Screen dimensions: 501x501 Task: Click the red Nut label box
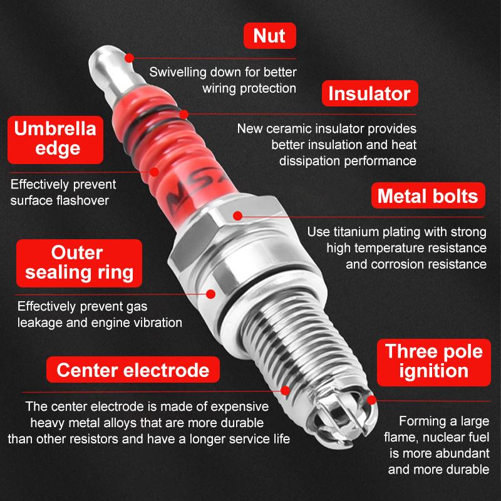[270, 36]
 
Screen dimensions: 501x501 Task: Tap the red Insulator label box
[369, 93]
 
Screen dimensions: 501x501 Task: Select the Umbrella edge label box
[55, 140]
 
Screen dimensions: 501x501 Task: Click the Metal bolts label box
[428, 195]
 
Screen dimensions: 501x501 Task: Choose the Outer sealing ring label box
[79, 263]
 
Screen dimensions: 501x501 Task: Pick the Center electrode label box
[133, 369]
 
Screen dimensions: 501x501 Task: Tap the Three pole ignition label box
[433, 363]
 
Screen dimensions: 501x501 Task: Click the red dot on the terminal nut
[129, 58]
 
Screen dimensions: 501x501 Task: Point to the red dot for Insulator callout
[183, 114]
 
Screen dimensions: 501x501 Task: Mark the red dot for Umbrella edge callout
[154, 172]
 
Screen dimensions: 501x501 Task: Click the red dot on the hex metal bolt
[237, 216]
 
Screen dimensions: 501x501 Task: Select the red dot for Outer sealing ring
[210, 294]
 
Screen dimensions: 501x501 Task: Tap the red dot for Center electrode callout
[286, 390]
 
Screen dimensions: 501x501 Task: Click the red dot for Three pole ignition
[371, 400]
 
